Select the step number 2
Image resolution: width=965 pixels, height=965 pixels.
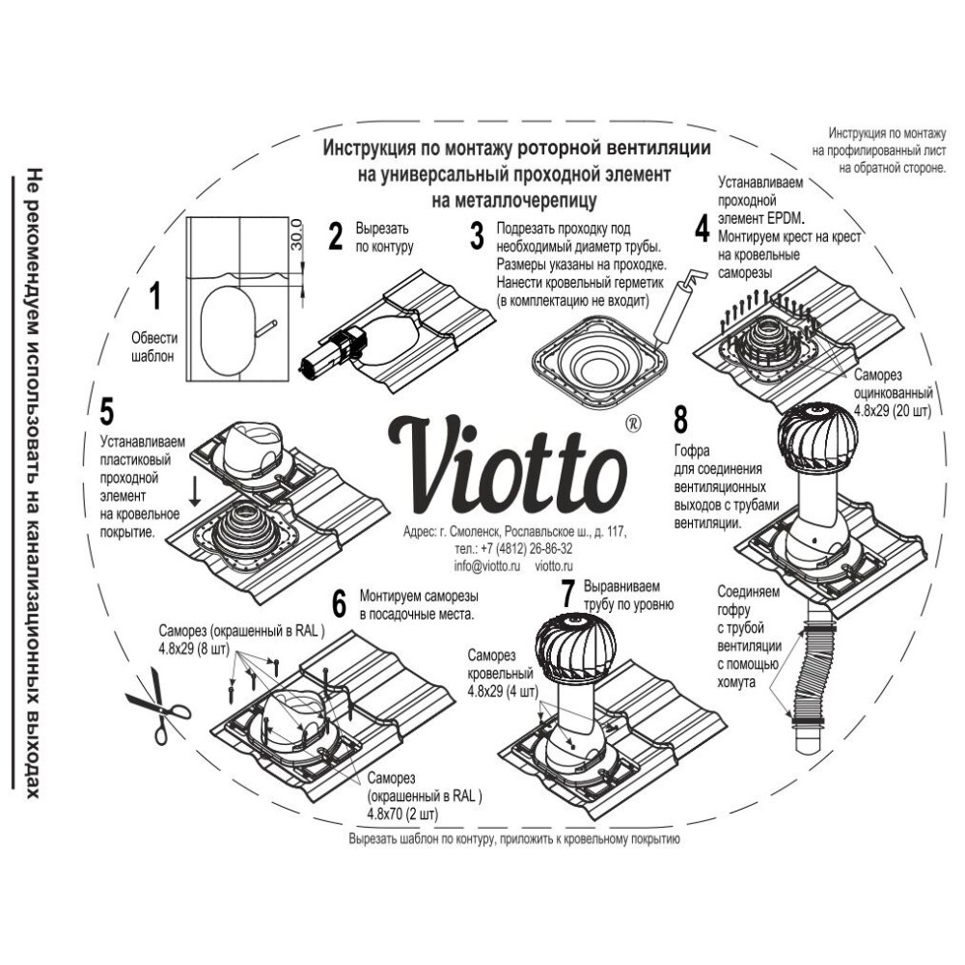coord(336,235)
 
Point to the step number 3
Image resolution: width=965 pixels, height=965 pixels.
coord(476,235)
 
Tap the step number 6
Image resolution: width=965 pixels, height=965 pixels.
coord(339,603)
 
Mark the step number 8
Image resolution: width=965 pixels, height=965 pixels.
coord(680,422)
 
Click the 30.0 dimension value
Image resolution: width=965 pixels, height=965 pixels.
coord(297,234)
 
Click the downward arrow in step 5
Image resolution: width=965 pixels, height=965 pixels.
coord(196,494)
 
